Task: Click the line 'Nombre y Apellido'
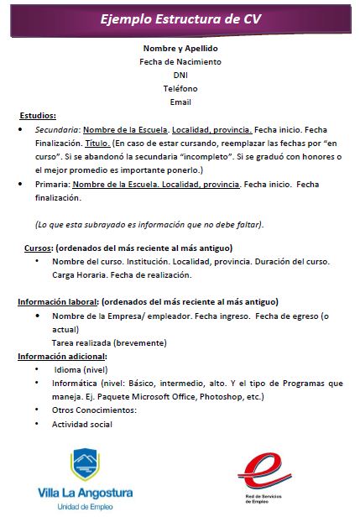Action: point(180,48)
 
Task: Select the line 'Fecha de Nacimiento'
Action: point(180,61)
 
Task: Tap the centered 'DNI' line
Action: point(180,75)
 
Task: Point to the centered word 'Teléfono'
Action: point(180,88)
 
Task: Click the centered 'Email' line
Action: point(180,102)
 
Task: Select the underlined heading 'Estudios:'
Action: point(38,116)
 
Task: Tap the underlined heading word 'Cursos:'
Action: point(39,248)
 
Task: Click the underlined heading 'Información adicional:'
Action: point(61,355)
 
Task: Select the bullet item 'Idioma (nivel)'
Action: point(83,368)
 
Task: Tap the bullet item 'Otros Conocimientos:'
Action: point(95,409)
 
